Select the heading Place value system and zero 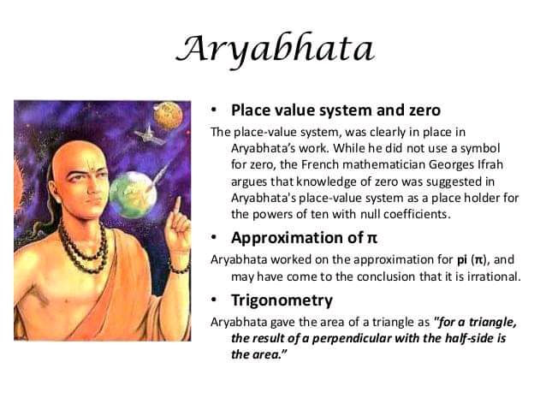coord(336,110)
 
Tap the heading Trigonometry coord(282,300)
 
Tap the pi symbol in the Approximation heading coord(372,239)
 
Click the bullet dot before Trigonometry coord(214,300)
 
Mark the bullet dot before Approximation coord(214,238)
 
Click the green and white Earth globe coord(133,194)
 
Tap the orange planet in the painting coord(168,116)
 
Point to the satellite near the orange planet coord(150,136)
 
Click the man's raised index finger coord(177,206)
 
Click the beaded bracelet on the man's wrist coord(180,269)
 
